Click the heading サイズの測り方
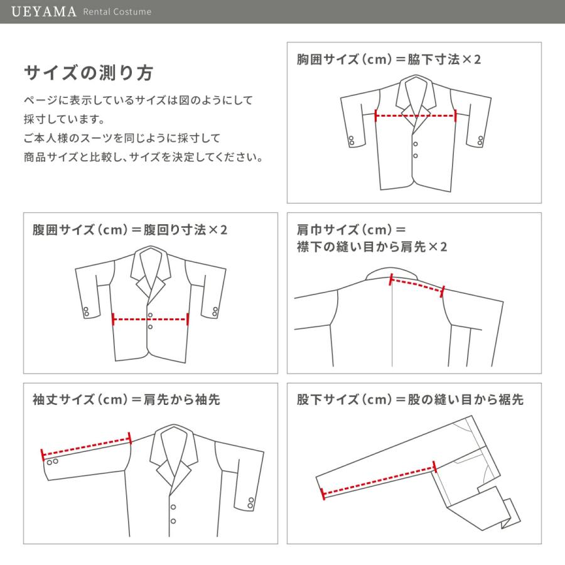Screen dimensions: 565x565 pos(88,73)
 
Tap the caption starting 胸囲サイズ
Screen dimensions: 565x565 pos(389,60)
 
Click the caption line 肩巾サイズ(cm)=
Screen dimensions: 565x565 pos(352,229)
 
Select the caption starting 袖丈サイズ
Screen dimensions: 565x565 pos(126,400)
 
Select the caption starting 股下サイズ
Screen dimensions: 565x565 pos(410,400)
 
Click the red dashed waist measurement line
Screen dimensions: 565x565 pos(150,320)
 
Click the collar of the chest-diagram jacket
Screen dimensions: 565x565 pos(415,94)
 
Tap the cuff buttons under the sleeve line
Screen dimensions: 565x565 pos(53,462)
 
